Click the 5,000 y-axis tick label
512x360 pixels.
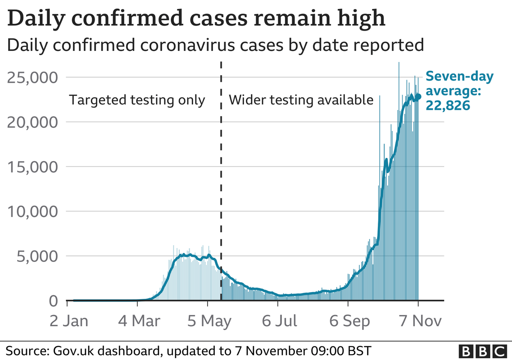coord(36,256)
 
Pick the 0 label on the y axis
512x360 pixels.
coord(53,301)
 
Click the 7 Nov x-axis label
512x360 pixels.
coord(418,321)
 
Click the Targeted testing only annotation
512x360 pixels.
coord(137,100)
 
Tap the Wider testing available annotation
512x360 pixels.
coord(301,100)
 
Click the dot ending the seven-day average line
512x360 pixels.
coord(418,96)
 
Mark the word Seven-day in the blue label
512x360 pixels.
coord(453,76)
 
